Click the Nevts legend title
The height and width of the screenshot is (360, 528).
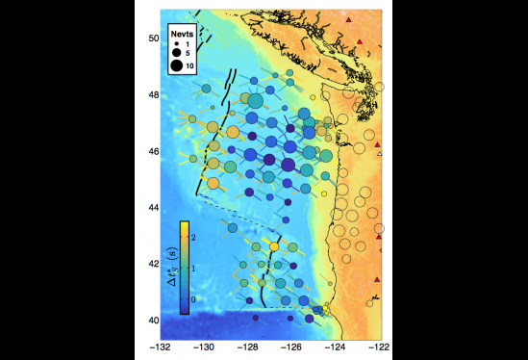183,32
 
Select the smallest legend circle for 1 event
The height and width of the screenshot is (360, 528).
177,44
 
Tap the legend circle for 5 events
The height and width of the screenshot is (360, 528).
177,54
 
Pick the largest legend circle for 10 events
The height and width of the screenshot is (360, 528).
177,65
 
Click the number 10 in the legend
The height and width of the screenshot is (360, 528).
190,65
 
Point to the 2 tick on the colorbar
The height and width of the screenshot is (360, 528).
195,237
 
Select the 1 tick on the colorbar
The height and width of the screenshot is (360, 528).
195,268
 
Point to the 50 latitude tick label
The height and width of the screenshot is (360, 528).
152,38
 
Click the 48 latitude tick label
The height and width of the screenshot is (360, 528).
152,94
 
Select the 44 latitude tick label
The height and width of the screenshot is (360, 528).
152,207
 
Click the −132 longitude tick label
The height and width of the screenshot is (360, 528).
160,346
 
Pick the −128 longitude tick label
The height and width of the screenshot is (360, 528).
248,346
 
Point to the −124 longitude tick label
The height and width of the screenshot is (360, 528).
336,346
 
